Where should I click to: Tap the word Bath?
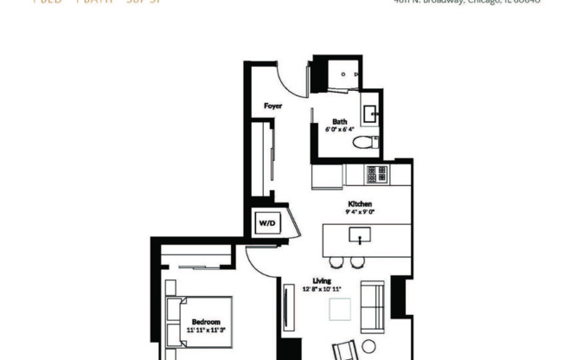340,121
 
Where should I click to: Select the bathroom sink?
370,112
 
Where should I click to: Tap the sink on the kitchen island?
356,235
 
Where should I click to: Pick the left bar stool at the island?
338,261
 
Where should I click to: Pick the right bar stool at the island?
357,261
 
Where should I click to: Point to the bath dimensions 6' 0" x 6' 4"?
340,129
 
